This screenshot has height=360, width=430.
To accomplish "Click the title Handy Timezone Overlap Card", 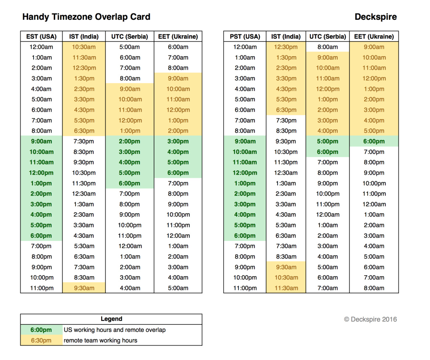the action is pos(86,17).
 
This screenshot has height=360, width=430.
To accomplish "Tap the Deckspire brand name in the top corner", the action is pos(376,17).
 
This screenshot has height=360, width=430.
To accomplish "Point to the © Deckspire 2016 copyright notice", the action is pos(370,319).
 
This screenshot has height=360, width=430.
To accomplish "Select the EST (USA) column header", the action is pos(42,37).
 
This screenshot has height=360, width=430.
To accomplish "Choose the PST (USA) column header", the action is pos(245,37).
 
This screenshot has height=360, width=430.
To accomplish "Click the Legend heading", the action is pos(111,319).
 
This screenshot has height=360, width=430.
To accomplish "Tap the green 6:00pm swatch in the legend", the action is pos(42,330).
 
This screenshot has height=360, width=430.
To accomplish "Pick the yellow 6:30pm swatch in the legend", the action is pos(42,340).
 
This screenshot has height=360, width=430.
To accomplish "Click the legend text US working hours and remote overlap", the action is pos(115,330).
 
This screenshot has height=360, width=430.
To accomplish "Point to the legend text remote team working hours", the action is pos(100,340).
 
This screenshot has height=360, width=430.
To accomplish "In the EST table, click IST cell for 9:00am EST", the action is pos(84,141).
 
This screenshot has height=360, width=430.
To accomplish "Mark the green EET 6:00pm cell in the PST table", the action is pos(374,141).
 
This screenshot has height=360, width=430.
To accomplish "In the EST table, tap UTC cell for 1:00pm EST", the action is pos(129,183).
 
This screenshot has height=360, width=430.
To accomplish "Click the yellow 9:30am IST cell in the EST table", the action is pos(84,288).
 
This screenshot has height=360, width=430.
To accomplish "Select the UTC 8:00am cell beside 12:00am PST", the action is pos(328,47).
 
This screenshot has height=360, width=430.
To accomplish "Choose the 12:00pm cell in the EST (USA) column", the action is pos(42,173).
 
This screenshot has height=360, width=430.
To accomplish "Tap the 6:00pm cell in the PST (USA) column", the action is pos(245,236).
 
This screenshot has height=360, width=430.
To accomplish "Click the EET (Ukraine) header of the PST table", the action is pos(374,37).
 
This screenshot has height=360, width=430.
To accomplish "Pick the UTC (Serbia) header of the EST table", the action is pos(129,37).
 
